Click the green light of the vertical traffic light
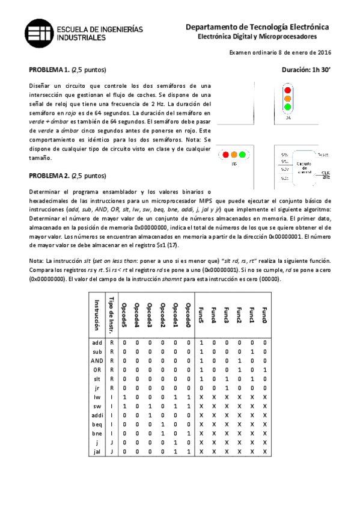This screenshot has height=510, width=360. coord(287,107)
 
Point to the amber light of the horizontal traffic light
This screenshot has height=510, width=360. coord(234,155)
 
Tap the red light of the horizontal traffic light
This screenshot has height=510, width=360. coord(225,155)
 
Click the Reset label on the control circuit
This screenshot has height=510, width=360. coord(322,155)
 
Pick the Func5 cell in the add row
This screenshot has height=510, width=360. coord(201,342)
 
